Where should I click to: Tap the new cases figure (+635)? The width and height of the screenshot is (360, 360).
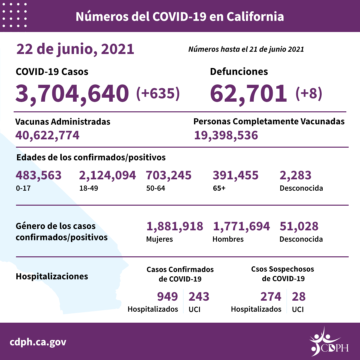(158, 93)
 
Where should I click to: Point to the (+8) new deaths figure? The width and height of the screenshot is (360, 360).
(309, 93)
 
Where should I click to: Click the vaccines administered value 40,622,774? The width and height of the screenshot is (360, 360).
(47, 135)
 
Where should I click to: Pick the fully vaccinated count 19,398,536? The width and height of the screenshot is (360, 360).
(226, 135)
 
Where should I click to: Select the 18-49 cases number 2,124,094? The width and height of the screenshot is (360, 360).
(108, 175)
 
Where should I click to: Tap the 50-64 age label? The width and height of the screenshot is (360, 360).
(156, 188)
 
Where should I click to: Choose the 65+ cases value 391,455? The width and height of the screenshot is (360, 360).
(235, 175)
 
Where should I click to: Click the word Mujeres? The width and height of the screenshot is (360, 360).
(159, 239)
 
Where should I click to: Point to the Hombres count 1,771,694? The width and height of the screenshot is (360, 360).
(241, 227)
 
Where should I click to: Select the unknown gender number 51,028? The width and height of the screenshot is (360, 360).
(299, 227)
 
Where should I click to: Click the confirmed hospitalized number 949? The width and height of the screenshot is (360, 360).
(167, 296)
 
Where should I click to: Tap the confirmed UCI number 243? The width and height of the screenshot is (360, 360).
(199, 296)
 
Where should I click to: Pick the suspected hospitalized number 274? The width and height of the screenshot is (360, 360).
(270, 296)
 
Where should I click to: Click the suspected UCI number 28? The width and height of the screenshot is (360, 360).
(299, 296)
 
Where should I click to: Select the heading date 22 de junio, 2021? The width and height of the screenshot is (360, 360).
(75, 49)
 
